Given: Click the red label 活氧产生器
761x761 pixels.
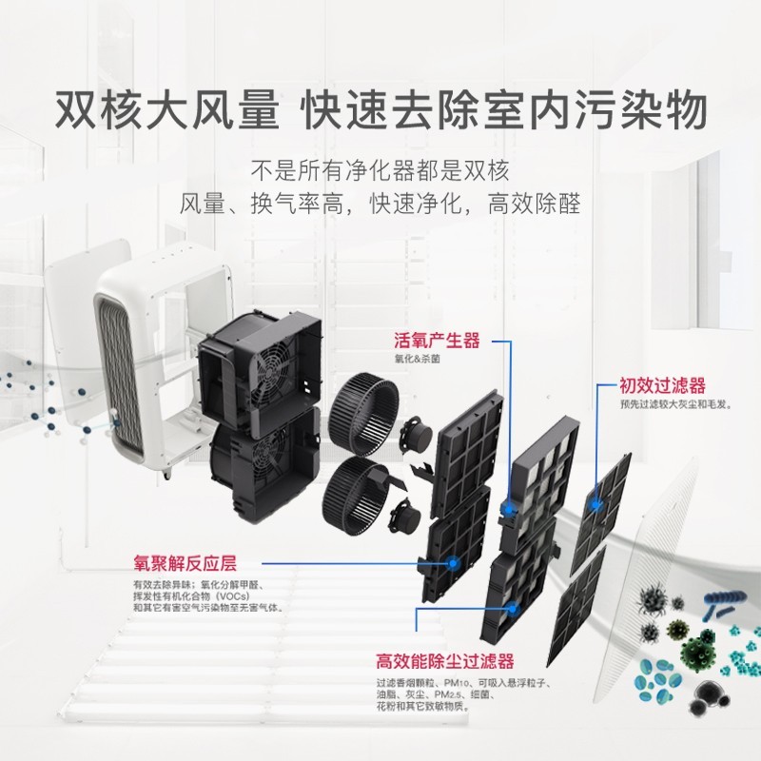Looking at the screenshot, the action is pos(437,341).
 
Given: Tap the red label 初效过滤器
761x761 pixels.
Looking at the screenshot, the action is pos(662,386).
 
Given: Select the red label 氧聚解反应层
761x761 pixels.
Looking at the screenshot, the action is pos(185,563).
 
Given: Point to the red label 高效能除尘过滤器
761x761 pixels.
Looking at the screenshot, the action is pos(444,660).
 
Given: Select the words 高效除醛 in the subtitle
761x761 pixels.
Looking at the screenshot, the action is pos(535,204).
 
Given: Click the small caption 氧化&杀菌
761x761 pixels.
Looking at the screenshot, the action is pos(417,360).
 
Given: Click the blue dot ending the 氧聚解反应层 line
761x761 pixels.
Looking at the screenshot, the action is pos(453,563).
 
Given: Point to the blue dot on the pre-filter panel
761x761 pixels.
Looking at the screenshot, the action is pos(595,505).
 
